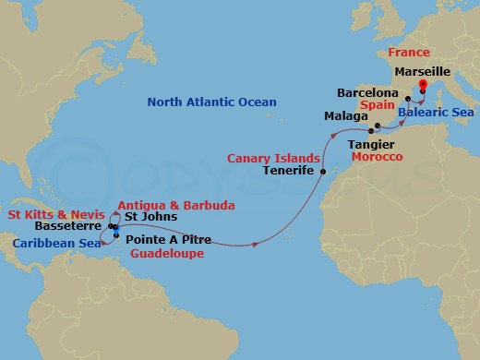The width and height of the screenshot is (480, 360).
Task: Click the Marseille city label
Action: click(422, 70)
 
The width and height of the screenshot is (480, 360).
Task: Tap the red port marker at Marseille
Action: click(422, 85)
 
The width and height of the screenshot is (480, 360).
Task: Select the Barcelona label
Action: click(367, 94)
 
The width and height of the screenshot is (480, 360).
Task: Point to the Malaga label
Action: click(344, 116)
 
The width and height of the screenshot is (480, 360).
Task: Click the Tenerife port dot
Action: click(323, 172)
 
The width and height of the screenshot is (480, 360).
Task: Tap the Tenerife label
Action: click(290, 172)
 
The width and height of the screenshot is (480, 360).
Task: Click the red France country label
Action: click(409, 54)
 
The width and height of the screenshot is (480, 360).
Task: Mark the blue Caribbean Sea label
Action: click(56, 243)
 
